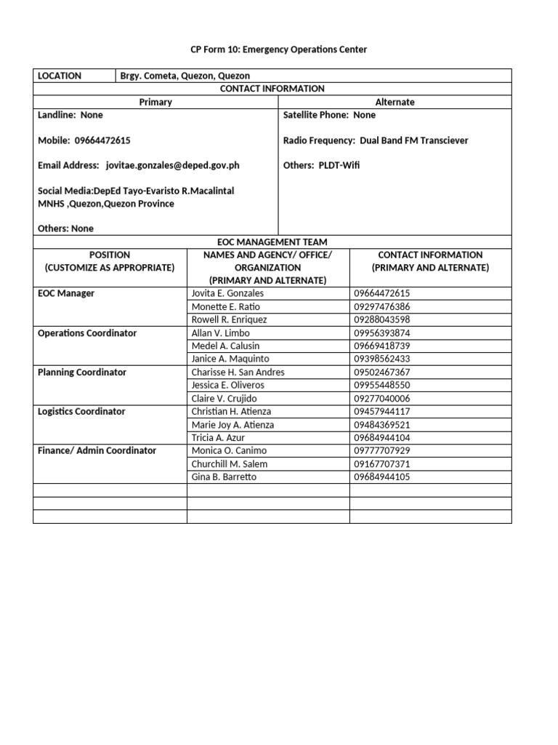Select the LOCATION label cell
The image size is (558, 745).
(60, 76)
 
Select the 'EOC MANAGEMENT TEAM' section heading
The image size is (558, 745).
(272, 242)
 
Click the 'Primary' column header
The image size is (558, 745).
(155, 102)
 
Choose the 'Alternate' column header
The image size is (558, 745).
(395, 102)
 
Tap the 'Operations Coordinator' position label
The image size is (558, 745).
(87, 332)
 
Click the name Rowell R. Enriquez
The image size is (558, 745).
(229, 319)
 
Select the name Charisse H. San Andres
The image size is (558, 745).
(238, 372)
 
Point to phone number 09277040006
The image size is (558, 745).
(382, 398)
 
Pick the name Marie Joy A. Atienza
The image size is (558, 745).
(232, 424)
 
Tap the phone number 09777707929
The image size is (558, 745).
(382, 450)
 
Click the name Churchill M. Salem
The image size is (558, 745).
(229, 463)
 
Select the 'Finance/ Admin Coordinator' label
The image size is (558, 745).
(97, 450)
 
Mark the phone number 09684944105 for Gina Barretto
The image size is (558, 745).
(382, 477)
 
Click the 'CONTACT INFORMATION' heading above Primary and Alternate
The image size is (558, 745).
(272, 89)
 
